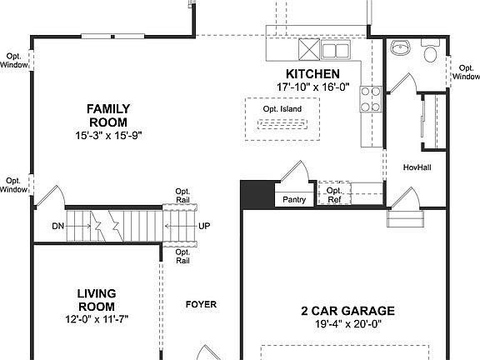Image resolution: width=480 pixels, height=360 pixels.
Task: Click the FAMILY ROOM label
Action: click(x=107, y=114)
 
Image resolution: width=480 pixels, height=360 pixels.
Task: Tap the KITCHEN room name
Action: click(x=312, y=74)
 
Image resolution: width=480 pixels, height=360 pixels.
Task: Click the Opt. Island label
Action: click(x=282, y=109)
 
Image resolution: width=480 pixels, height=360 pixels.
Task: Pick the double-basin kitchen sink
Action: click(x=334, y=52)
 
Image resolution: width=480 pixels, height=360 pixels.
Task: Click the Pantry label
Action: click(x=294, y=200)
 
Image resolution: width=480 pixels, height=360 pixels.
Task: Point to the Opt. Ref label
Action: click(x=334, y=195)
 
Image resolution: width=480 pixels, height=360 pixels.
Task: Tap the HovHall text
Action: click(x=416, y=166)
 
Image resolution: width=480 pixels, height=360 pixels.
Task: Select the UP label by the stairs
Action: click(x=204, y=226)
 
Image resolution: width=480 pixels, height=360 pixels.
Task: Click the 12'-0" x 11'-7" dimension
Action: click(x=97, y=318)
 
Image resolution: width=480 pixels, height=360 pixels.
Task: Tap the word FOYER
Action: click(x=201, y=304)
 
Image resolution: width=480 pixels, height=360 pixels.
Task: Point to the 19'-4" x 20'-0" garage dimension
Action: click(x=347, y=324)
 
